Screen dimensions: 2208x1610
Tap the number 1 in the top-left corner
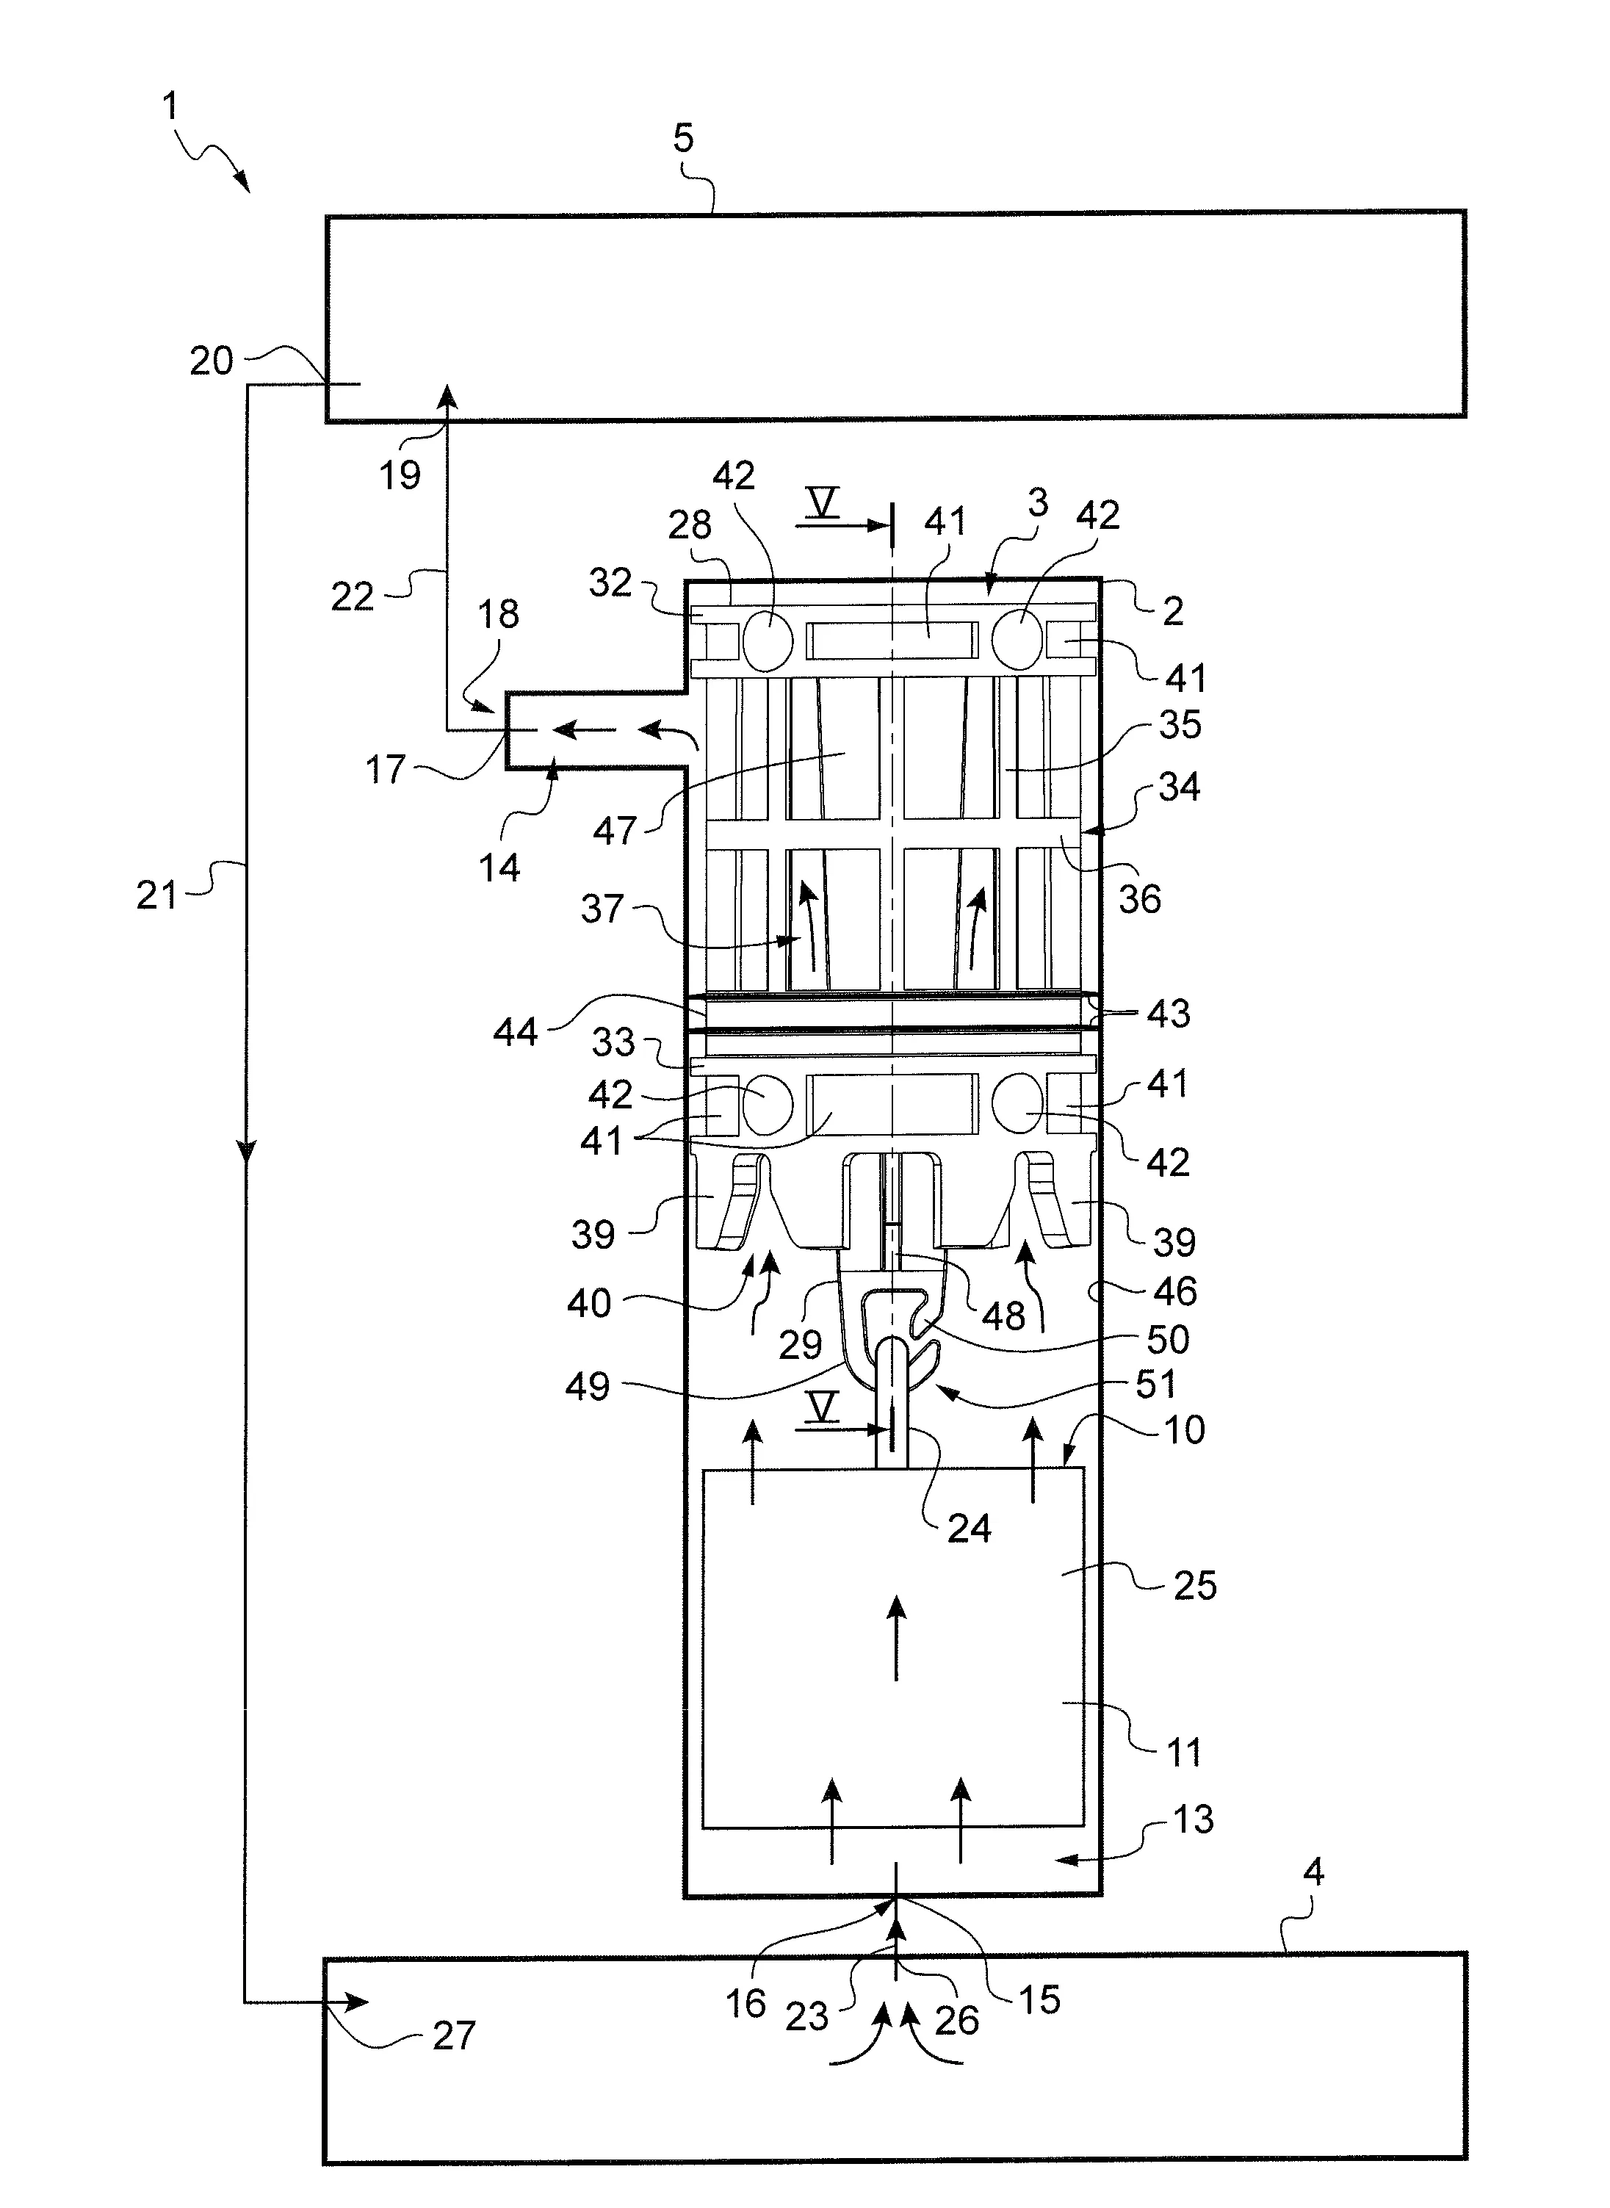(170, 105)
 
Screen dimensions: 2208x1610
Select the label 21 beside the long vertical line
(157, 895)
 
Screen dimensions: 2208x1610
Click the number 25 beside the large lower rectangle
(1195, 1585)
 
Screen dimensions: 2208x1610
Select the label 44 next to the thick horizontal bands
(515, 1031)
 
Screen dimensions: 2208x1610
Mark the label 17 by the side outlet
(385, 770)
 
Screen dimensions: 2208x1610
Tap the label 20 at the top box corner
(212, 361)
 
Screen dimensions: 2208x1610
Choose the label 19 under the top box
(400, 475)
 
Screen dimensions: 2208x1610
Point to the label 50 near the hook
(1168, 1340)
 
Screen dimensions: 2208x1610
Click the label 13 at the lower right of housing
(1193, 1819)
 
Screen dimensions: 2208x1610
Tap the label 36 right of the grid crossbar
(1139, 898)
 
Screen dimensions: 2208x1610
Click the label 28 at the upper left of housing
(689, 525)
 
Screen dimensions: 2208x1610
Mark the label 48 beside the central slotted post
(1004, 1316)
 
